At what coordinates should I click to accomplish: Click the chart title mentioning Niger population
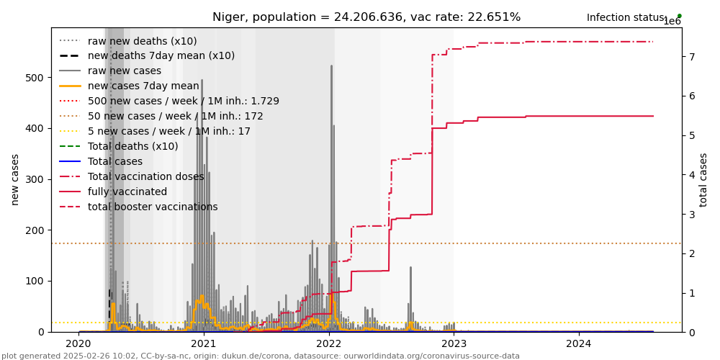click(x=366, y=17)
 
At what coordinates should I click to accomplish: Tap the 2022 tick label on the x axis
click(x=329, y=344)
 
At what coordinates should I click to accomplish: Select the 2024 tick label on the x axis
click(x=579, y=344)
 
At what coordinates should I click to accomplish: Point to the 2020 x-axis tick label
click(x=79, y=344)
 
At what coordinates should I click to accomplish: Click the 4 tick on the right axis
click(x=690, y=175)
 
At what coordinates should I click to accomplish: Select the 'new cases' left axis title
click(x=15, y=179)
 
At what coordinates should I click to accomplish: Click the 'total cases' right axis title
click(x=704, y=179)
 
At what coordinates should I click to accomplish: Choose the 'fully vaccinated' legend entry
click(x=127, y=192)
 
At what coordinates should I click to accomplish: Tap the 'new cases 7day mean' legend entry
click(x=143, y=86)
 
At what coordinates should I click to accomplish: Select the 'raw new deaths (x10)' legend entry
click(x=142, y=41)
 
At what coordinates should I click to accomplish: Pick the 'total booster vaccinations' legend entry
click(x=153, y=207)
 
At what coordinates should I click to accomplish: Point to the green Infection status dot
click(x=679, y=16)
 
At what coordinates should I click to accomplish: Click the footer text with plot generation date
click(x=260, y=356)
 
